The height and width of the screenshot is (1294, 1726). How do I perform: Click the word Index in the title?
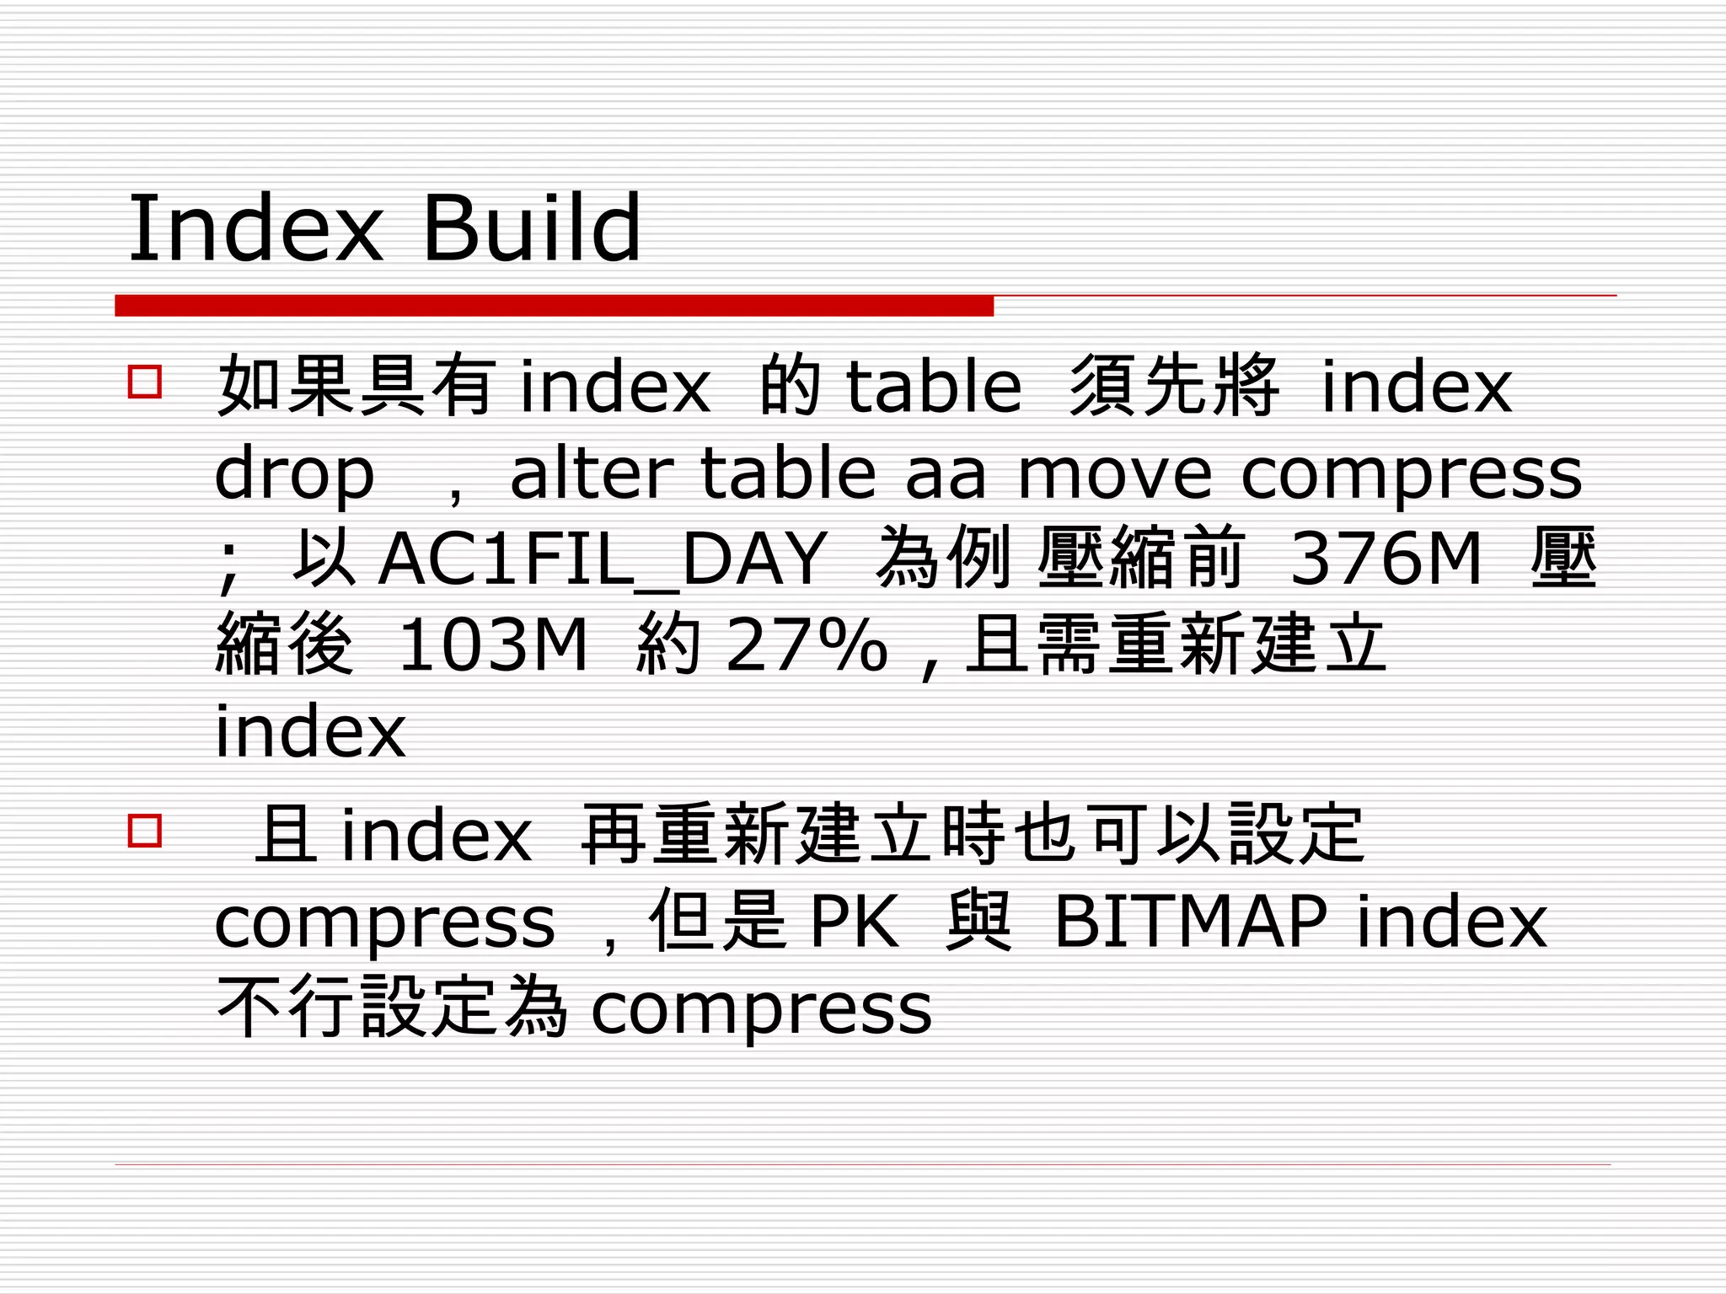click(x=255, y=228)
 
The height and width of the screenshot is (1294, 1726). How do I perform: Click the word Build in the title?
click(x=531, y=228)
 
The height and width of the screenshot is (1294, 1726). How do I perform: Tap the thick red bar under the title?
click(x=554, y=306)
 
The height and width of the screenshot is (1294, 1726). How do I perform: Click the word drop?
click(x=294, y=474)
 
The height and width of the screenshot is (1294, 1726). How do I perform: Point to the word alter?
click(x=591, y=473)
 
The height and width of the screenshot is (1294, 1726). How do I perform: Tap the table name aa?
click(x=945, y=474)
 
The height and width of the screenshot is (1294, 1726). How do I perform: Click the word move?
click(x=1117, y=474)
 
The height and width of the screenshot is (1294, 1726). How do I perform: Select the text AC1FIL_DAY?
click(x=602, y=559)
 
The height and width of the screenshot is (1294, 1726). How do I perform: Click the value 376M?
click(x=1386, y=558)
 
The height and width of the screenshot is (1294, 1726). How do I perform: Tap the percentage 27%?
click(x=807, y=645)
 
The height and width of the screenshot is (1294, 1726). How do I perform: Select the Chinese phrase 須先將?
click(x=1173, y=386)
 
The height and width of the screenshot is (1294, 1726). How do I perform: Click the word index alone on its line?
click(x=310, y=731)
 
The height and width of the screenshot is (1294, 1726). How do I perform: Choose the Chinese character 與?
click(x=978, y=921)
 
